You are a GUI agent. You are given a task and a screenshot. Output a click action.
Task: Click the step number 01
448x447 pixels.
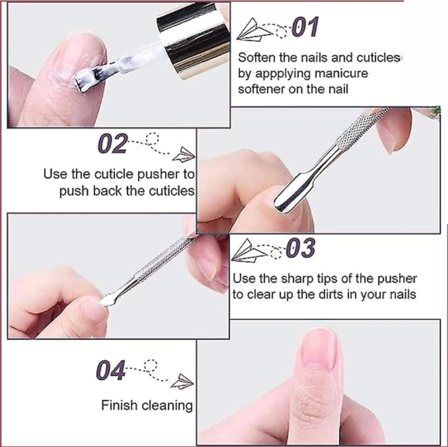click(305, 27)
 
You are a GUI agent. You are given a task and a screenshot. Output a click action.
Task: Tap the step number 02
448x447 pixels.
click(112, 143)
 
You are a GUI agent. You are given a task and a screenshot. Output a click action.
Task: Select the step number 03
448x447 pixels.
click(301, 248)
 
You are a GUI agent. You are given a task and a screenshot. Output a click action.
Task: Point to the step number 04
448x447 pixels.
click(111, 370)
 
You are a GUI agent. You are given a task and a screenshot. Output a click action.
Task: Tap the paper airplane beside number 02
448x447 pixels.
click(183, 155)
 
